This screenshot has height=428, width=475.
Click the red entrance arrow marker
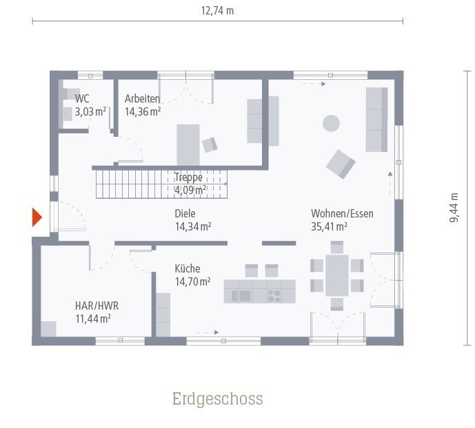37,217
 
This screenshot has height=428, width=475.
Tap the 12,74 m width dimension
217,11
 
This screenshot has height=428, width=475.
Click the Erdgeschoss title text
217,399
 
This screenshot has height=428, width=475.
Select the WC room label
82,99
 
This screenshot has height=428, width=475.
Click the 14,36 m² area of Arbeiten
143,111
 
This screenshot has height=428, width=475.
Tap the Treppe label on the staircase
188,177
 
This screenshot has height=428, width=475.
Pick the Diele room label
185,213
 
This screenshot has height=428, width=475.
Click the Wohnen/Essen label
342,213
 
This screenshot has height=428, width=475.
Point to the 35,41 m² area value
329,226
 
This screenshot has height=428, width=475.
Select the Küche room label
187,269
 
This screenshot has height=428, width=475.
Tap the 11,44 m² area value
93,318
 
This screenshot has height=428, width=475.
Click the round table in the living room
332,123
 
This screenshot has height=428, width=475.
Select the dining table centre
337,274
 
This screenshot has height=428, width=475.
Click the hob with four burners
274,296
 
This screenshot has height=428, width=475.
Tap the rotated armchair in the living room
341,164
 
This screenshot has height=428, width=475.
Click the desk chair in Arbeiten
210,144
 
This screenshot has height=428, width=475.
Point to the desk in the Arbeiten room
188,145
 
